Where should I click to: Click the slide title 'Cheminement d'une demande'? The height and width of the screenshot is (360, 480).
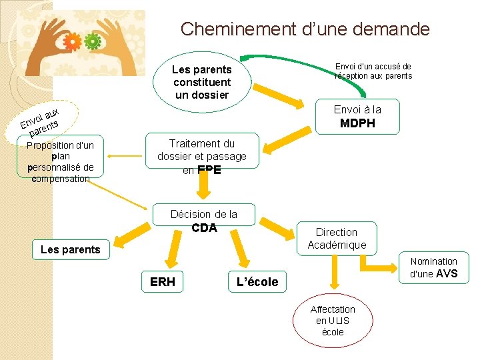tap(305, 29)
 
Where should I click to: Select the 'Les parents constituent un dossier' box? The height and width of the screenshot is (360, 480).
tap(201, 82)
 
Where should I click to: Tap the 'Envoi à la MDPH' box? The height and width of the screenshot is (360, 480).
tap(357, 116)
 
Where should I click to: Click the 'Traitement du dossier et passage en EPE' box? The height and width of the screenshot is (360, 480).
tap(201, 157)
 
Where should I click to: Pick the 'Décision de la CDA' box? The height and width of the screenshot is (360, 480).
tap(204, 221)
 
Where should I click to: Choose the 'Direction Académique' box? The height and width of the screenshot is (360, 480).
tap(336, 238)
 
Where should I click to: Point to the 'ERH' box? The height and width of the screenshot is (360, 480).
tap(163, 281)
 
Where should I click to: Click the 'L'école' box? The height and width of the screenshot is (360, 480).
tap(257, 282)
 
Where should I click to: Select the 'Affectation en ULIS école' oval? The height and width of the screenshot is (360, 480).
tap(333, 320)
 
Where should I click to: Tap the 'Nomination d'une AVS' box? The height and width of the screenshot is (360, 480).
tap(433, 267)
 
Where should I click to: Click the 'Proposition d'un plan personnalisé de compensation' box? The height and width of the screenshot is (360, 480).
tap(61, 161)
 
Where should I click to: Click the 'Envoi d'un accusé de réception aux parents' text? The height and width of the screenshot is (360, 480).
tap(373, 71)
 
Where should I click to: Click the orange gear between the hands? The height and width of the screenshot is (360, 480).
tap(73, 43)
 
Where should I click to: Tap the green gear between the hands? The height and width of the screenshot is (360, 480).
tap(92, 41)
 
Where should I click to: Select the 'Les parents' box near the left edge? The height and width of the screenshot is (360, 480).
tap(70, 249)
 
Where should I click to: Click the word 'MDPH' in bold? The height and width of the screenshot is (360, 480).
tap(357, 123)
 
